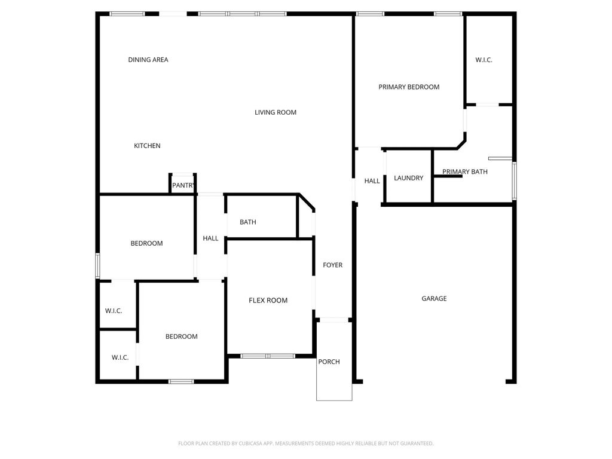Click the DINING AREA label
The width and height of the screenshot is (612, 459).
tap(148, 60)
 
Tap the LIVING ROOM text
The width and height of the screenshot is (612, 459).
tap(275, 112)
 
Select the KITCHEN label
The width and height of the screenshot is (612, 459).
tap(147, 146)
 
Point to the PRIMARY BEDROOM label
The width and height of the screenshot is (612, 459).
tap(409, 87)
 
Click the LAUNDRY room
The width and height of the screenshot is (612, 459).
tap(408, 178)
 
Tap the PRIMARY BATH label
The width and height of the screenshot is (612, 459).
tap(464, 172)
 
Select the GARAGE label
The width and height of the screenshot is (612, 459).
tap(434, 299)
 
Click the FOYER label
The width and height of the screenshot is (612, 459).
tap(332, 265)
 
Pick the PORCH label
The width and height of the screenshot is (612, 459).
tap(329, 362)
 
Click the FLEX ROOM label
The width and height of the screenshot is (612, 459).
tap(268, 300)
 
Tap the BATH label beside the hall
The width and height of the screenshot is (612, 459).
tap(248, 222)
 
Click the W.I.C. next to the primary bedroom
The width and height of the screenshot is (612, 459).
tap(484, 60)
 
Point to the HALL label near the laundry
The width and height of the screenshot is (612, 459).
tap(372, 180)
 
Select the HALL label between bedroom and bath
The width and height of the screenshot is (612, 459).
tap(210, 238)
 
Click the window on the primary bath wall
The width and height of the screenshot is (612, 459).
tap(515, 180)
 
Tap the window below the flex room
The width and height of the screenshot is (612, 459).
tap(268, 356)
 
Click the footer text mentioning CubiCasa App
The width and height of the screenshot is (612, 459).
tap(305, 443)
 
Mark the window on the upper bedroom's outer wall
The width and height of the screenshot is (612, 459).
tap(97, 266)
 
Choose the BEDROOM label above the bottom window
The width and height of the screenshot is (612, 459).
tap(182, 336)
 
